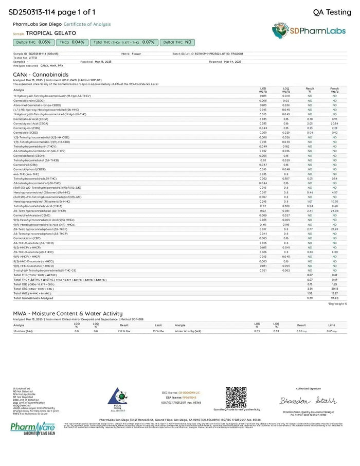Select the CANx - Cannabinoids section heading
41,75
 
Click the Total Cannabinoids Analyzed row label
33,298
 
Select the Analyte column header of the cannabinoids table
19,90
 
